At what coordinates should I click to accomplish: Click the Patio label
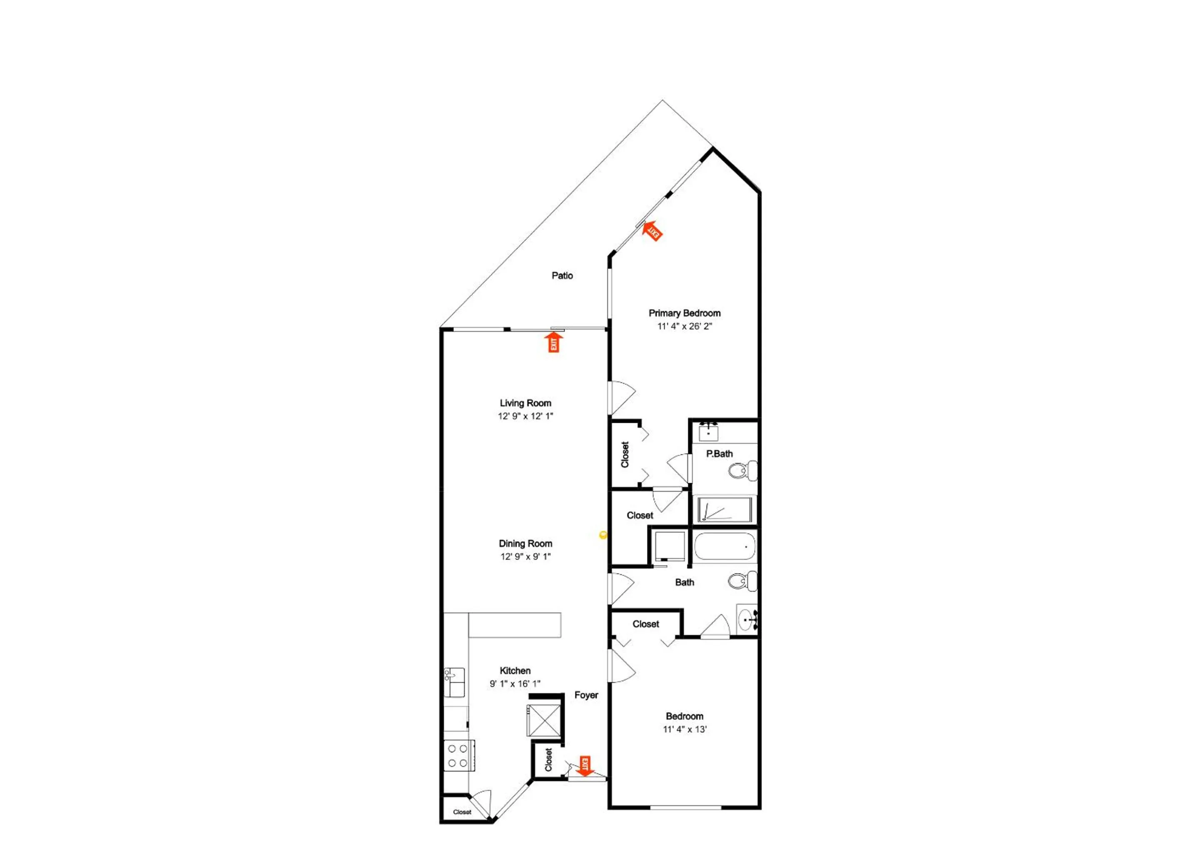tap(562, 275)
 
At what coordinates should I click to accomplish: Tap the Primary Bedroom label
tap(684, 313)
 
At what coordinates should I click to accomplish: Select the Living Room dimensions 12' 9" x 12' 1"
tap(525, 416)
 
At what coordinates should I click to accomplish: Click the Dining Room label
tap(525, 543)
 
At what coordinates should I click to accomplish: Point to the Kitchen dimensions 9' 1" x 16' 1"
tap(515, 683)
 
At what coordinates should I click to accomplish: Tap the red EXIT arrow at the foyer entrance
tap(585, 766)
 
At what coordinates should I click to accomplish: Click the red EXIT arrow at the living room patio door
tap(554, 342)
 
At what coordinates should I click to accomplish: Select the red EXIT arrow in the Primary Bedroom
tap(652, 230)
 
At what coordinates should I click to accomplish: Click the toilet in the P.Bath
tap(742, 470)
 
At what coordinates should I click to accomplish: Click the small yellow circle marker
tap(603, 535)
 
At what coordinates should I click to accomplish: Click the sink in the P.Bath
tap(708, 433)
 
